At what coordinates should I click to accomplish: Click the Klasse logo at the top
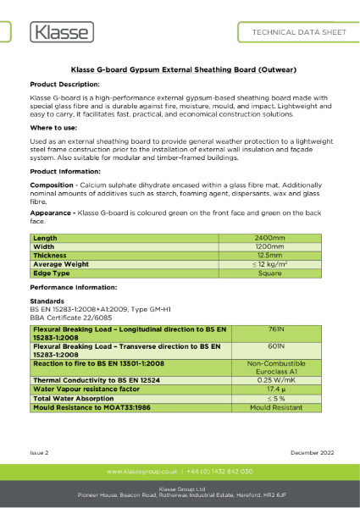pyautogui.click(x=61, y=33)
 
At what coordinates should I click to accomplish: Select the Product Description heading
pyautogui.click(x=64, y=86)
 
